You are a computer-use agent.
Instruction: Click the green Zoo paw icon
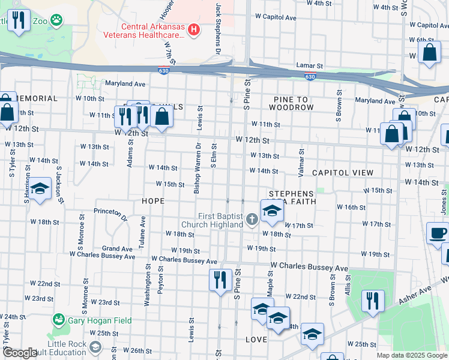(x=56, y=20)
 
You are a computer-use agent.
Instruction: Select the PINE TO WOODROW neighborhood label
(x=291, y=103)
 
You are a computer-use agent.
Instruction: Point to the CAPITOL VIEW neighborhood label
(x=342, y=173)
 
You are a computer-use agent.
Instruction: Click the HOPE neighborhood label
(x=152, y=201)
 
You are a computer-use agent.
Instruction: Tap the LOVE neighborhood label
(x=256, y=340)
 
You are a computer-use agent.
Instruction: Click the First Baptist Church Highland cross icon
(x=252, y=220)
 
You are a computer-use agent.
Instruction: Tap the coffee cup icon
(x=438, y=233)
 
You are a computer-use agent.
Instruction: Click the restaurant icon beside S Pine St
(x=220, y=280)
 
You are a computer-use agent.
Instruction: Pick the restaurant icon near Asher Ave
(x=373, y=301)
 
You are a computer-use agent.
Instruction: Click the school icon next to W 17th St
(x=271, y=211)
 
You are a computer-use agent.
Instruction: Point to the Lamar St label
(x=310, y=65)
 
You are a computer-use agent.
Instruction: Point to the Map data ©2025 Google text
(x=411, y=355)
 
